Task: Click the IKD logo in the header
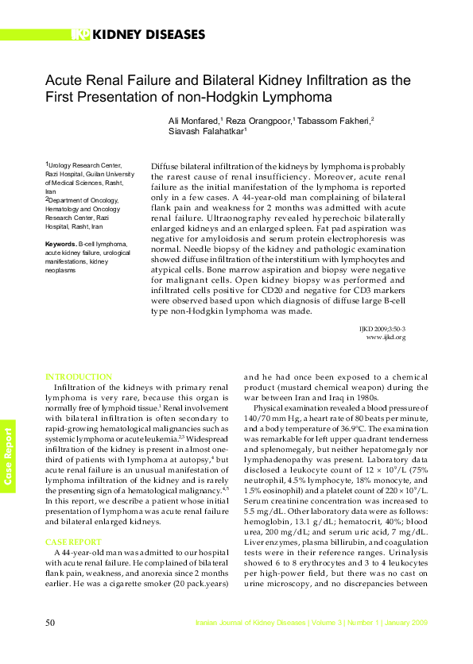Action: (x=80, y=34)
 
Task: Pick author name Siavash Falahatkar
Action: (x=206, y=132)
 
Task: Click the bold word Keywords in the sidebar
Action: (x=60, y=244)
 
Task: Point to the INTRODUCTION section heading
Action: (x=79, y=376)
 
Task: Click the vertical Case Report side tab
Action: (x=8, y=457)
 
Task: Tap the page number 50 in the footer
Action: (x=50, y=623)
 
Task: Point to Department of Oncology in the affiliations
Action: (x=82, y=201)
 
